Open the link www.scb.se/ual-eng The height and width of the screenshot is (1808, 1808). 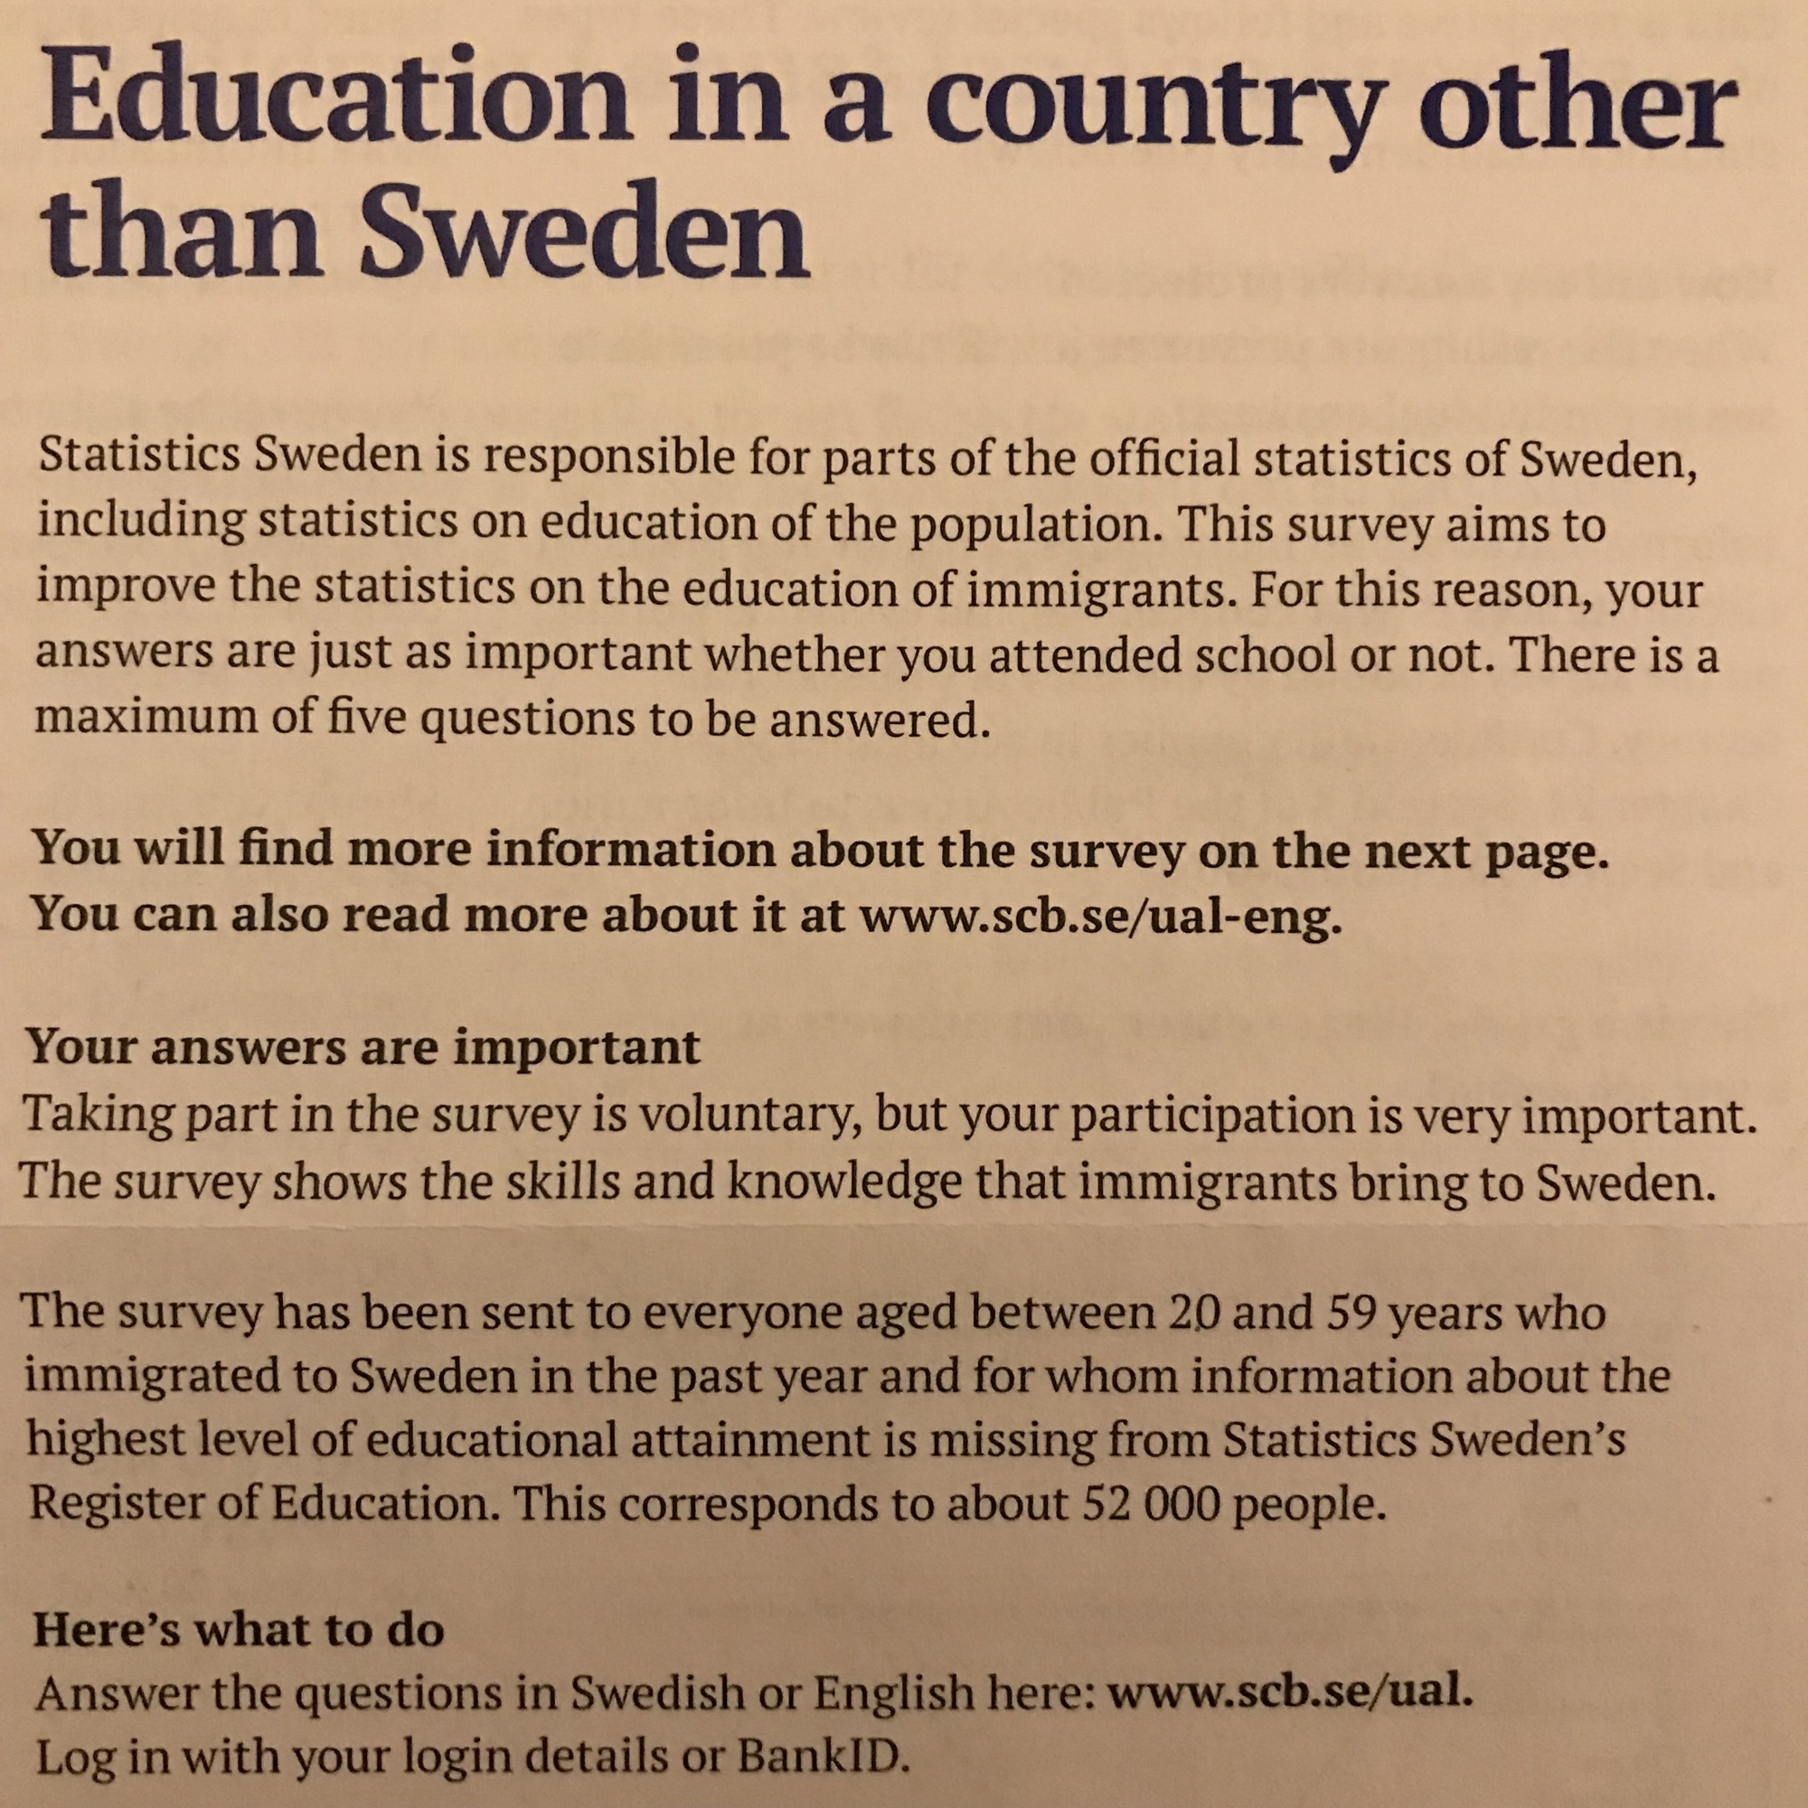tap(1100, 915)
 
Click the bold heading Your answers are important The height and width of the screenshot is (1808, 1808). tap(363, 1047)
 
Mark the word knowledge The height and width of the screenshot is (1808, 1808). tap(845, 1182)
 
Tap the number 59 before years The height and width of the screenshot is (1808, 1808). tap(1353, 1314)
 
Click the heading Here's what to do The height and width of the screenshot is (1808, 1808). tap(239, 1629)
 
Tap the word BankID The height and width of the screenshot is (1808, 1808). tap(824, 1757)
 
